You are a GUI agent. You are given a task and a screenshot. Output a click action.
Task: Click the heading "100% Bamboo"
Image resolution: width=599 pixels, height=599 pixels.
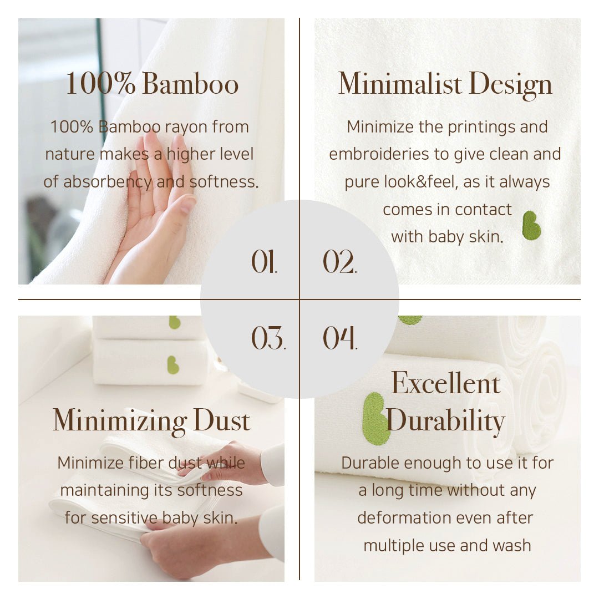point(153,83)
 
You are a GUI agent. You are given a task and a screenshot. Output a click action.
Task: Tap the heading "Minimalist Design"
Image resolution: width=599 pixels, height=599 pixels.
point(445,84)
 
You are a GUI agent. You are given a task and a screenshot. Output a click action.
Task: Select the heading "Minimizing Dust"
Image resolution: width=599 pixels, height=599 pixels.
point(151,422)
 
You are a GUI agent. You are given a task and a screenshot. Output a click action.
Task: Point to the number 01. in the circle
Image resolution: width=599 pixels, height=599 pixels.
point(264,262)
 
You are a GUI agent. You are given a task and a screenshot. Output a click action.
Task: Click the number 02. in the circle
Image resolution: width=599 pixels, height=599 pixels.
point(339,262)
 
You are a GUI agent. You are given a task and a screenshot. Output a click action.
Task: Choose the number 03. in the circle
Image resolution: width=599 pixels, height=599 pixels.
point(268,338)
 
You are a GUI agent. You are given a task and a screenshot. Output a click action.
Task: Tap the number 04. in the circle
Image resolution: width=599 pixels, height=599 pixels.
point(340,338)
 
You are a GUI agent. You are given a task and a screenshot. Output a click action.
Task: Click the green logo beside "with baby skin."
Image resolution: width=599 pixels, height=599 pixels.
point(531,225)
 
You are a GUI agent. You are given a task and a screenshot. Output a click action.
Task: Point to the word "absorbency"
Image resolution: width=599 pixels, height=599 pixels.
point(108,182)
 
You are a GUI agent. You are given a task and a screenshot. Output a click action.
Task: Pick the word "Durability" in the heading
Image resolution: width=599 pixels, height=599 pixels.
point(445,422)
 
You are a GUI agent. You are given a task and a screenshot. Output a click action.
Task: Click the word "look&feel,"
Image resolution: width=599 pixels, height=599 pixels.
point(421,182)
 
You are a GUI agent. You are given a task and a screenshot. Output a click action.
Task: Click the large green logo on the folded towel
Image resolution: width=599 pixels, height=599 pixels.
point(375,418)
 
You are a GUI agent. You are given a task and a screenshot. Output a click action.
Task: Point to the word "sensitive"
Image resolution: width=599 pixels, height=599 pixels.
point(124,518)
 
